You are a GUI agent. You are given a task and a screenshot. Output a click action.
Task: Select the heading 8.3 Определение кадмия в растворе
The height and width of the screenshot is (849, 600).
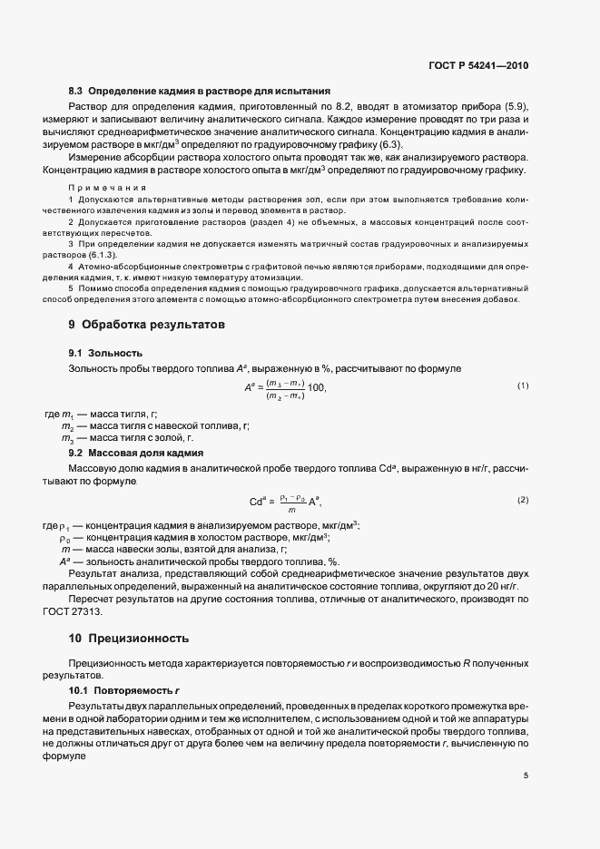point(199,92)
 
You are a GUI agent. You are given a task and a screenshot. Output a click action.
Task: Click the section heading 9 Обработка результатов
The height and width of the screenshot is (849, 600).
point(147,324)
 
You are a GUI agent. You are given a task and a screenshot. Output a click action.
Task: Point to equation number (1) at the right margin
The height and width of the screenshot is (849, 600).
point(523,386)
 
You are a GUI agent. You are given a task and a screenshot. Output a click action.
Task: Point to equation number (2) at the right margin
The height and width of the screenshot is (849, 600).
point(523,501)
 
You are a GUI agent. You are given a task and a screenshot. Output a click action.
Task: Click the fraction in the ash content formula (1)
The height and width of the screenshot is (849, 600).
point(284,388)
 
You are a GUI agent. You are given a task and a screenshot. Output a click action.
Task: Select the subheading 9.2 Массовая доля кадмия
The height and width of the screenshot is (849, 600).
point(135,452)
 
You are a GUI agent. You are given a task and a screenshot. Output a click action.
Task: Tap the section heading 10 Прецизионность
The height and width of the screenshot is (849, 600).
point(129,639)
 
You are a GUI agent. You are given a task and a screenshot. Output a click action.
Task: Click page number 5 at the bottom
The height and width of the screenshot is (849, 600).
point(526,776)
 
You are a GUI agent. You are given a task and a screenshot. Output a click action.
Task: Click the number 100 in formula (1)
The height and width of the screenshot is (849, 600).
point(315,387)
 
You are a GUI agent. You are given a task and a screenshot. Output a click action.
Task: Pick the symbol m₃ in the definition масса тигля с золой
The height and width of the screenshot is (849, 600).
point(67,438)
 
